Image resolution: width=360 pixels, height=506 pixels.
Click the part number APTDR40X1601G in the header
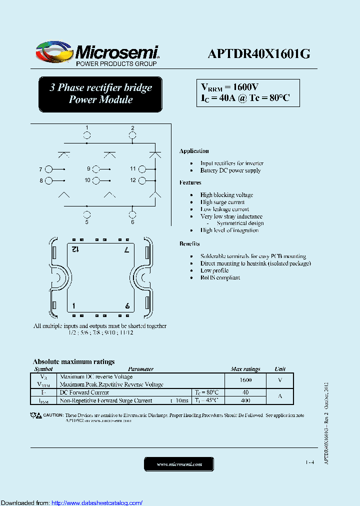click(x=259, y=54)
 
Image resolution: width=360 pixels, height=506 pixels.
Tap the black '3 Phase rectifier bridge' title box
click(x=100, y=94)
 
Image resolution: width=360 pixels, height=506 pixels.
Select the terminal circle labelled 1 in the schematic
click(x=87, y=135)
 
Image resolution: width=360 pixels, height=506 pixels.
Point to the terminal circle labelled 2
click(x=132, y=135)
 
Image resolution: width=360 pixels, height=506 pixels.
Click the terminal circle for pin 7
click(x=48, y=169)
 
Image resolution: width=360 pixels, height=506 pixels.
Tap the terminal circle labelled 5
click(x=87, y=214)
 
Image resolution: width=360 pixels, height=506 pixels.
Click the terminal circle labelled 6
click(x=132, y=214)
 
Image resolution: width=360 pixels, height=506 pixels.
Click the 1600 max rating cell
click(x=245, y=380)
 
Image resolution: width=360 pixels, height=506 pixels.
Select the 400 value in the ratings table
click(x=245, y=400)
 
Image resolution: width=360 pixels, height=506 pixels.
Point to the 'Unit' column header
click(x=280, y=369)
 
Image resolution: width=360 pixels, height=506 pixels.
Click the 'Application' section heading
click(x=194, y=151)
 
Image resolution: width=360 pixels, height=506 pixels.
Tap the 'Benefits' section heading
click(x=189, y=243)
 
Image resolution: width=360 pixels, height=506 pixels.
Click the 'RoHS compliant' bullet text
click(x=220, y=277)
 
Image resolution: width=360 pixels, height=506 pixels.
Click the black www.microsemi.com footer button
click(x=179, y=464)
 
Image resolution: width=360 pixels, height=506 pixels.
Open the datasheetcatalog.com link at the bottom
click(x=97, y=502)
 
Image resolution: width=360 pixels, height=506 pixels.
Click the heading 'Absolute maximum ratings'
click(x=73, y=361)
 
